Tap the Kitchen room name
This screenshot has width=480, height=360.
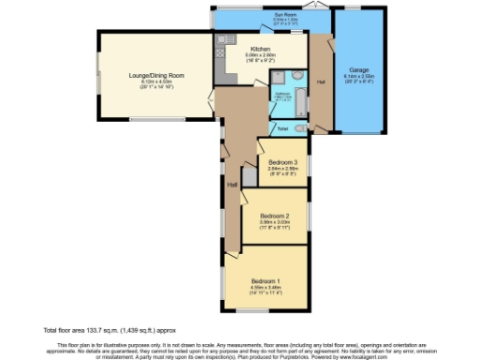(261, 49)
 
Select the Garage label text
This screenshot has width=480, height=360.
(359, 69)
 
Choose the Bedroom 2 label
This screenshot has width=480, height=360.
(274, 215)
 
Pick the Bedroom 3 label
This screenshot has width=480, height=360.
(283, 162)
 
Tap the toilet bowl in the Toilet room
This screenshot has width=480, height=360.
(298, 127)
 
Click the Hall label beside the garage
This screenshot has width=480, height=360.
(322, 82)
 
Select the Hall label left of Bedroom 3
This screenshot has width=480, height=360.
(231, 184)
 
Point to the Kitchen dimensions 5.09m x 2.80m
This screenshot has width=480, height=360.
(261, 55)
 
